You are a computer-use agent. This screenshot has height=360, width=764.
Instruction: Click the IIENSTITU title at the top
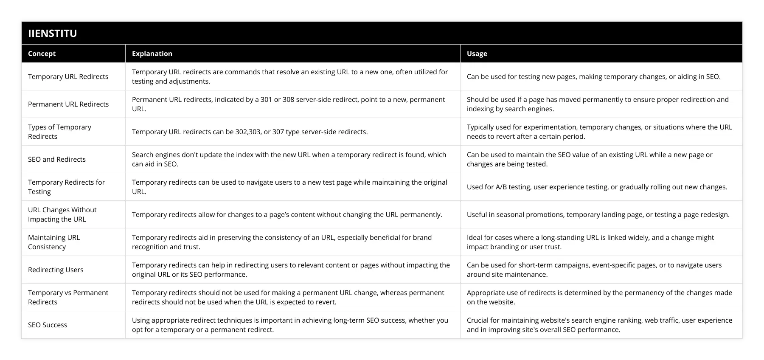53,33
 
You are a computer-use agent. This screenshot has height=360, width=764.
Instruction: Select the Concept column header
42,53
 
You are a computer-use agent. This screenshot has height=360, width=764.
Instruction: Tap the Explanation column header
152,53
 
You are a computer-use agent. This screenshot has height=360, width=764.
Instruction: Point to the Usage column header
477,53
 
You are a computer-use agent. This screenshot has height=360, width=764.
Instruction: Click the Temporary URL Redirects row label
68,76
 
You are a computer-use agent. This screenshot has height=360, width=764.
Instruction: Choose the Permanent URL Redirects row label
68,104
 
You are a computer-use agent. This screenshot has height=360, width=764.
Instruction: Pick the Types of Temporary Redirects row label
59,132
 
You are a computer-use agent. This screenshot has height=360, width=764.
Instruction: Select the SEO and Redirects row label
57,159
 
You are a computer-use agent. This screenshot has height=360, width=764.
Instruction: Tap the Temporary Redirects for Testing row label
66,187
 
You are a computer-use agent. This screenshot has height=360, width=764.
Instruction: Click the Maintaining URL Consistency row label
54,242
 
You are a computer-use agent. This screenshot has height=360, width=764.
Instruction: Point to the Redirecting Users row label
56,270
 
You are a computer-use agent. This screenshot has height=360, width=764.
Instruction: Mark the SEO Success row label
48,325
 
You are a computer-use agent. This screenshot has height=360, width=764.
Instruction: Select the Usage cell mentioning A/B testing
597,187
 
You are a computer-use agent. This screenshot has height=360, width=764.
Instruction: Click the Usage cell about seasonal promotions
598,214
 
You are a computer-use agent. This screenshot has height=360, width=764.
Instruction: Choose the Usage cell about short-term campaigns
594,270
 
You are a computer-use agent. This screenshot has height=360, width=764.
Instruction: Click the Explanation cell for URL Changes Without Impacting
287,214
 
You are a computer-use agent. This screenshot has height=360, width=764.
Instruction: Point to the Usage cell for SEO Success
599,325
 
